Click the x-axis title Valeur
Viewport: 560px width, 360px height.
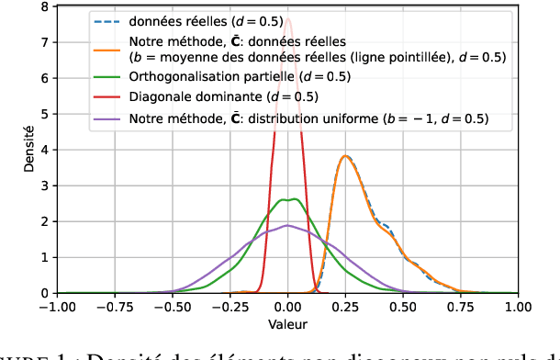(288, 324)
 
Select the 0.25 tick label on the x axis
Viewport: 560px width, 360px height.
(345, 308)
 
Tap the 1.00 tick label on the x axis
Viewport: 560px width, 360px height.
(518, 308)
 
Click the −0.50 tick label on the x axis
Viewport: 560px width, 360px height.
(173, 308)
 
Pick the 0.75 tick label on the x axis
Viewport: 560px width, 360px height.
(461, 308)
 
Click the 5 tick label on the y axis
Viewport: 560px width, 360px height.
(46, 115)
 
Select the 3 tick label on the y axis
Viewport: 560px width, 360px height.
(46, 186)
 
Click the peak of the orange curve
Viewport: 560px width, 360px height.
(344, 156)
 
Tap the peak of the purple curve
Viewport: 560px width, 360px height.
(287, 225)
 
